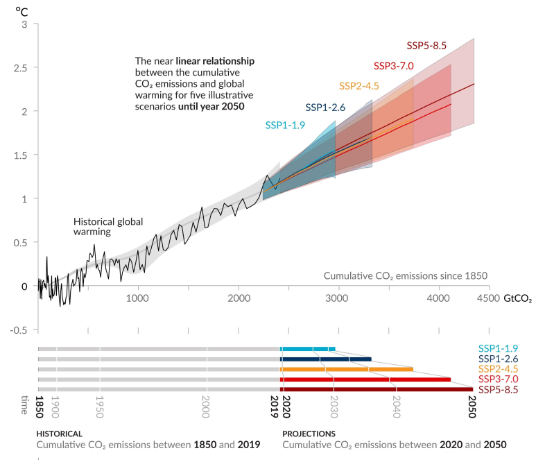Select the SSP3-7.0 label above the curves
tap(393, 66)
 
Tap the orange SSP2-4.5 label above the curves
tap(359, 86)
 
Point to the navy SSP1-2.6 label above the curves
tap(325, 108)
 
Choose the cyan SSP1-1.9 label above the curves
tap(285, 126)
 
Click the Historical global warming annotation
tap(108, 227)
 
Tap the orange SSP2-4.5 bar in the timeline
tap(347, 369)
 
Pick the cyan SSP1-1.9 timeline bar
tap(308, 349)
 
